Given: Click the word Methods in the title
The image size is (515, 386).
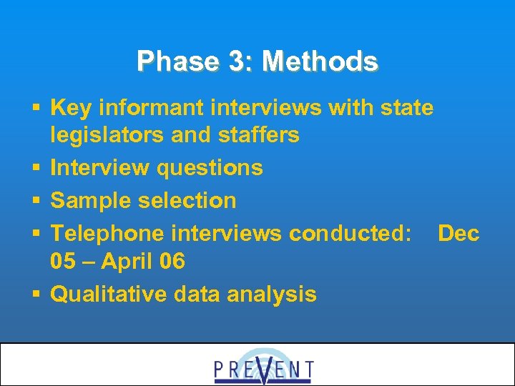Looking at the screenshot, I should [320, 61].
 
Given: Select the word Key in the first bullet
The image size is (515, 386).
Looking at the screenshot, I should [72, 108].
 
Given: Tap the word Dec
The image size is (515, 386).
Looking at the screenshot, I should [458, 234].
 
